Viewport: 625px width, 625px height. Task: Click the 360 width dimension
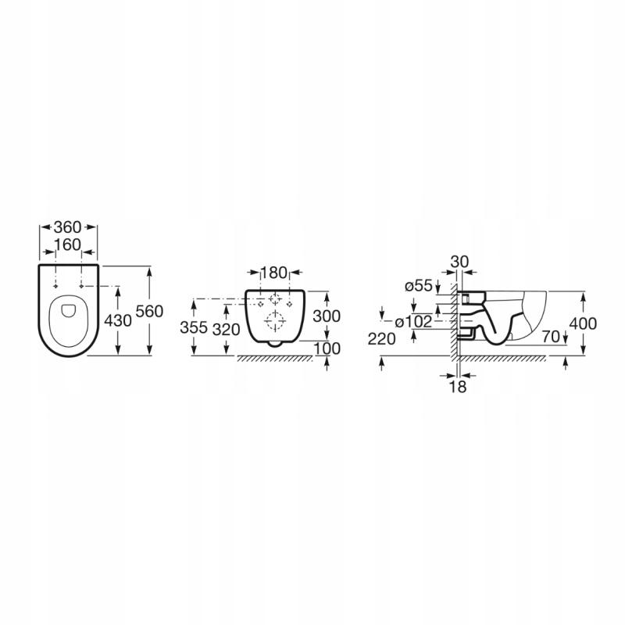(x=67, y=227)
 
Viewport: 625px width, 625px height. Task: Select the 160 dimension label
(x=68, y=245)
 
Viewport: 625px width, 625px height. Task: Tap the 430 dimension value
(x=118, y=320)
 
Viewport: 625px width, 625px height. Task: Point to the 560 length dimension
(x=149, y=311)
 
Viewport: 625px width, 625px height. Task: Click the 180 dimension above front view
(x=274, y=273)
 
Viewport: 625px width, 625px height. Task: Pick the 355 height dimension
(x=194, y=327)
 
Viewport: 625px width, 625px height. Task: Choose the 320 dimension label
(x=226, y=329)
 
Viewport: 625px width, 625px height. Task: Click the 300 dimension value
(x=327, y=316)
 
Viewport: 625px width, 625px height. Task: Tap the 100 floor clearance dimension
(x=327, y=348)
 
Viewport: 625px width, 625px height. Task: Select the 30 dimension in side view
(x=459, y=262)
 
